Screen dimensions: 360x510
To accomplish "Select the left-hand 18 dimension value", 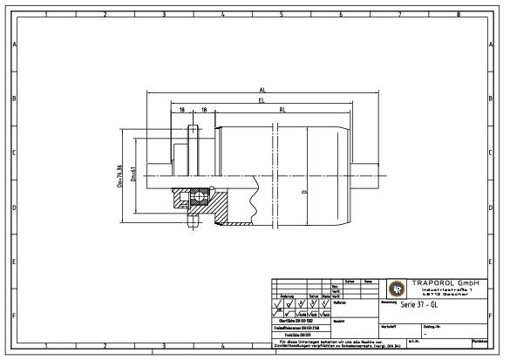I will click(182, 111).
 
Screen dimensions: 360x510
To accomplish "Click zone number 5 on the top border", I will click(281, 14).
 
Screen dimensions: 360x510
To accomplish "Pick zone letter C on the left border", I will click(13, 153).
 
